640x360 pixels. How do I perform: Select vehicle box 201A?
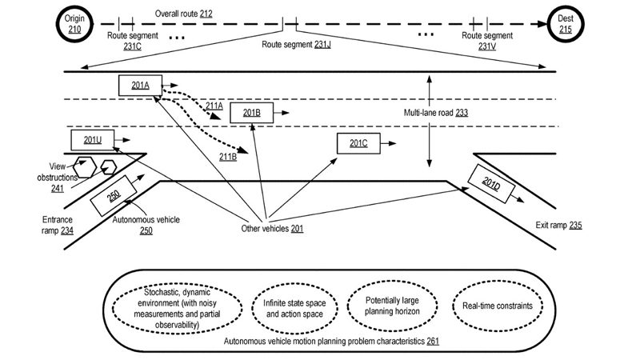click(x=140, y=86)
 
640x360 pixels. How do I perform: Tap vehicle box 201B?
click(x=251, y=113)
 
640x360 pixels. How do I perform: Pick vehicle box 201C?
click(x=358, y=143)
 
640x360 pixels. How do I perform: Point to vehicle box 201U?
click(x=93, y=141)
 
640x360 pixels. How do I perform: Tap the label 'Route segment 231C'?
click(x=134, y=42)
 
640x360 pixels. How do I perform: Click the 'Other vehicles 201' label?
click(x=272, y=229)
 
